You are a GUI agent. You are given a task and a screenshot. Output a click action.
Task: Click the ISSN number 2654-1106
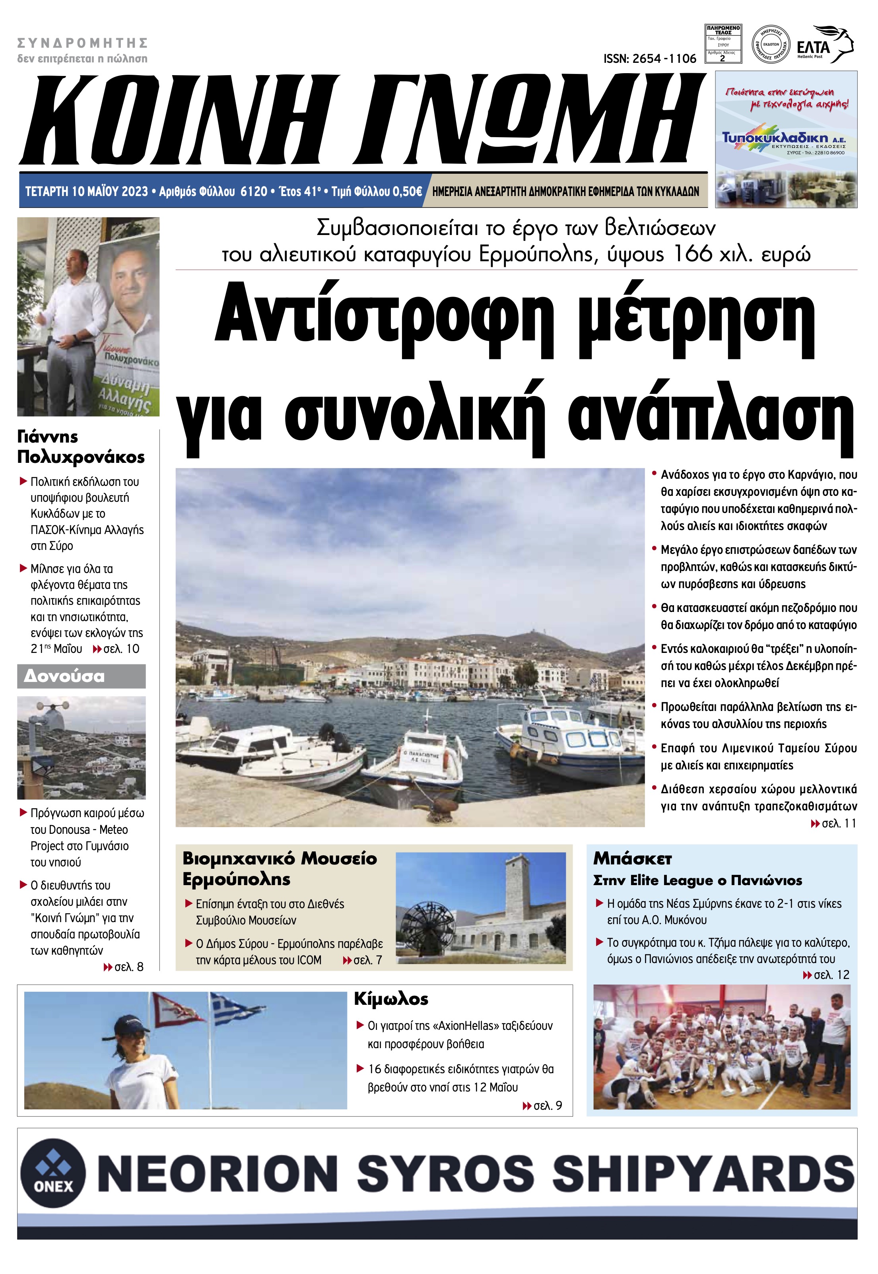click(x=650, y=59)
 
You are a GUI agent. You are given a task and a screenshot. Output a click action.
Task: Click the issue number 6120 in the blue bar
click(x=254, y=191)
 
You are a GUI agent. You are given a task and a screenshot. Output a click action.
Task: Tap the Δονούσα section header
click(x=64, y=676)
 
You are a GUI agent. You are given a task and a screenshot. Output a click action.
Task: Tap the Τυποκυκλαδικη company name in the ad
click(x=775, y=138)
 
